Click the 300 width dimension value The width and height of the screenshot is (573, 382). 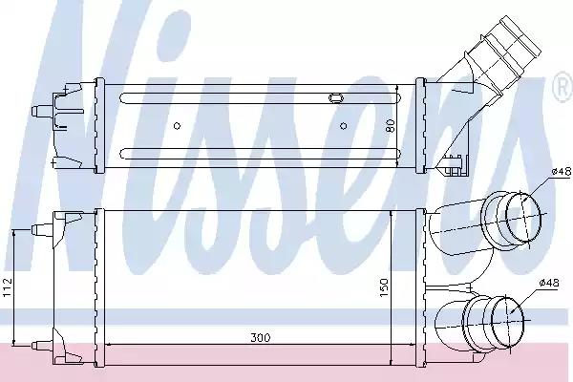[x=261, y=337]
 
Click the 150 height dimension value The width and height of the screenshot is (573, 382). [x=384, y=287]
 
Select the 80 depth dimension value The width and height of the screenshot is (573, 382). [x=390, y=126]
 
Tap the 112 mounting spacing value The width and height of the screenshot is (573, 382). [x=8, y=287]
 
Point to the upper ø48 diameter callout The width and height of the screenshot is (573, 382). [x=562, y=171]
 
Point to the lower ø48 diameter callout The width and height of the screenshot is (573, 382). [x=549, y=283]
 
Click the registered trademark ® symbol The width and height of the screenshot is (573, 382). [x=564, y=87]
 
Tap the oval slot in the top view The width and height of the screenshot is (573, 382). [x=336, y=97]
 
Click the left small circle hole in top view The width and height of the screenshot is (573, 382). [x=177, y=126]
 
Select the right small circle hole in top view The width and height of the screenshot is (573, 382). [x=344, y=126]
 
